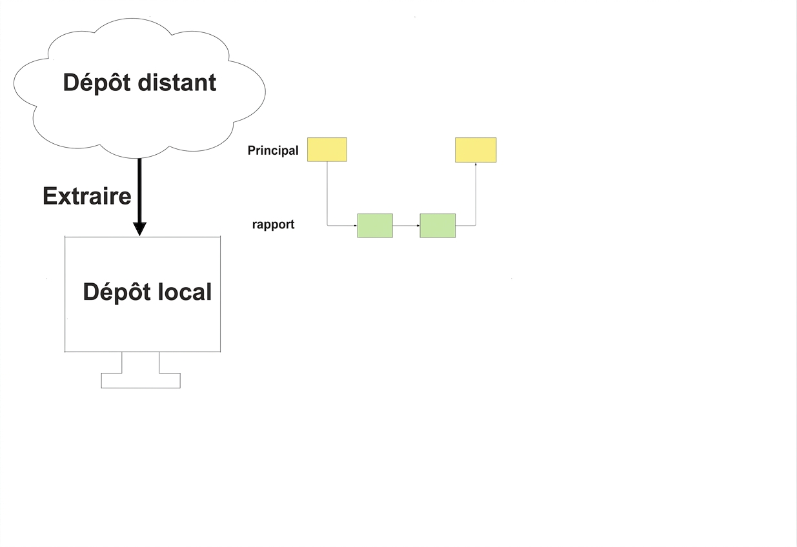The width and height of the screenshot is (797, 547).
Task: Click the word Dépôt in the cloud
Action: coord(96,83)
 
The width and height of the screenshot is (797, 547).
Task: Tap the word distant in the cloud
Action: coord(177,82)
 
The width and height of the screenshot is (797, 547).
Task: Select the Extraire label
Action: coord(87,196)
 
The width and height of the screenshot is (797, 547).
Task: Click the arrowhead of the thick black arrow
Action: coord(139,229)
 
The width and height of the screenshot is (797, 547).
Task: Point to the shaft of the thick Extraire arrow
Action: coord(139,191)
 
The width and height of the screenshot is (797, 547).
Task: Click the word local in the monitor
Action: coord(185,292)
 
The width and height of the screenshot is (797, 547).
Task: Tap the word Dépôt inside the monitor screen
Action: coord(117,293)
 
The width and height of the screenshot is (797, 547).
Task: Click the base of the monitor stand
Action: coord(141,381)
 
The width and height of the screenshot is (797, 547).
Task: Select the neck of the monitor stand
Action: coord(141,363)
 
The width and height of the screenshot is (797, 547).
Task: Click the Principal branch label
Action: coord(273,151)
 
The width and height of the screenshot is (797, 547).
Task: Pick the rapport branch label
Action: coord(273,224)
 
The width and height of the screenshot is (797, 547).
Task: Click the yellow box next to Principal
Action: coord(327,150)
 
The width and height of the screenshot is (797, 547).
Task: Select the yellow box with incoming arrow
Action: coord(476,150)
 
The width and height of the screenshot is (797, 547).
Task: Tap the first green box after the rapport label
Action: coord(375,226)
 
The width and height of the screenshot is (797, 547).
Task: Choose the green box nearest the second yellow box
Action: coord(438,226)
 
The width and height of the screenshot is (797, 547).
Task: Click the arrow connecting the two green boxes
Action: coord(407,226)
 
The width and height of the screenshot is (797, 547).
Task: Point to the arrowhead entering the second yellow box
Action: coord(476,164)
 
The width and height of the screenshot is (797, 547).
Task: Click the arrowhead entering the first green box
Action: coord(356,226)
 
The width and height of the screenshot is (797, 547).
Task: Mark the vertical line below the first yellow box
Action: coord(327,193)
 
